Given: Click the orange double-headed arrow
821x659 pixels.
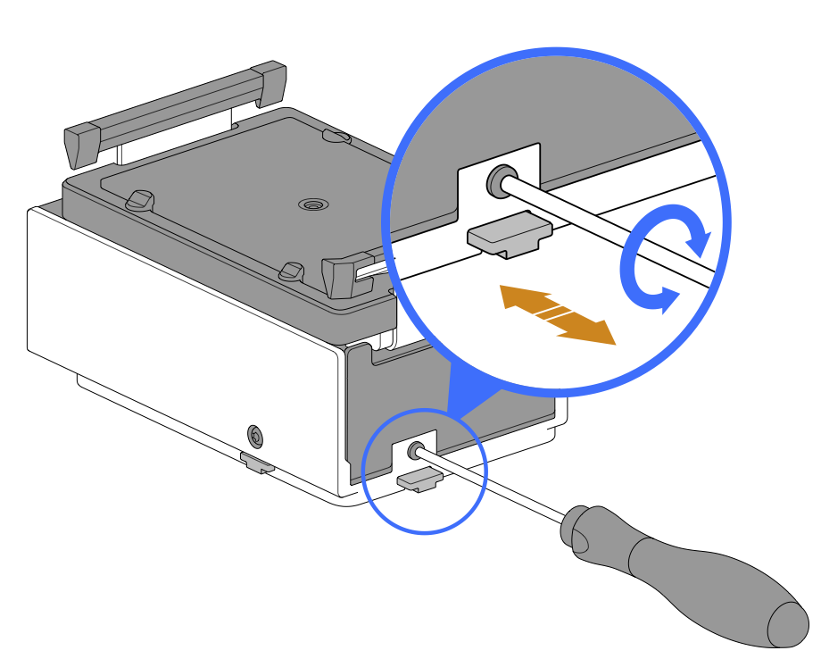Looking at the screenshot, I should tap(558, 313).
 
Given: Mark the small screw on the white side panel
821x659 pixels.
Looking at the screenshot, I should tap(256, 436).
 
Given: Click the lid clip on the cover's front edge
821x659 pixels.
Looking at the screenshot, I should tap(290, 269).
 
